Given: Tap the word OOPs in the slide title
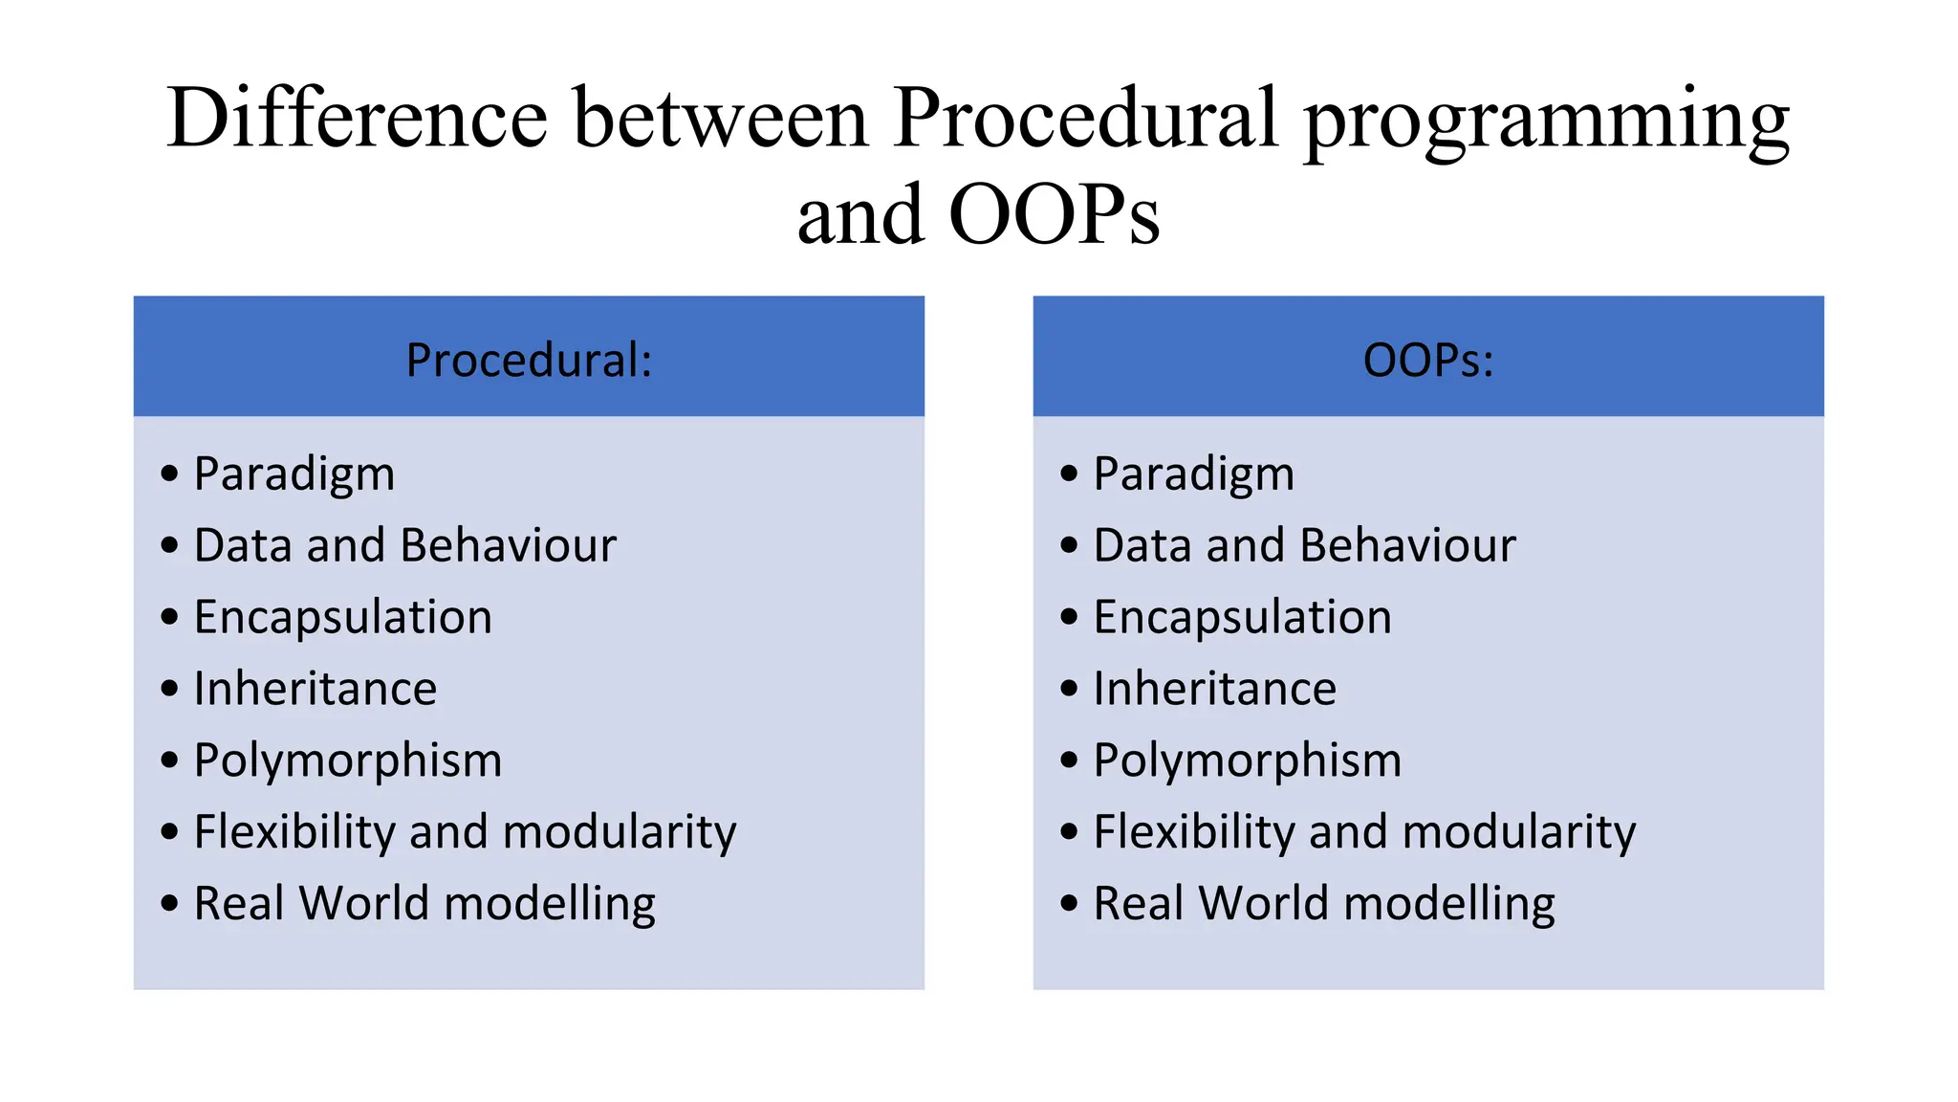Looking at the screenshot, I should click(1054, 215).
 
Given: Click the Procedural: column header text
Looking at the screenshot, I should click(529, 361).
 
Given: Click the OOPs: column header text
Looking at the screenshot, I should click(1427, 361).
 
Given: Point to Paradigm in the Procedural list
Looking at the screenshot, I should click(294, 474).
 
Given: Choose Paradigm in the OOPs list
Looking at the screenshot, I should click(1193, 474).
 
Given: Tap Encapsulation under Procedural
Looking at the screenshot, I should click(343, 617).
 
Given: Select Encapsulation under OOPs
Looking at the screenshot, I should click(1242, 617).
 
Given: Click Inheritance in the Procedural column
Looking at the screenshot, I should click(315, 689).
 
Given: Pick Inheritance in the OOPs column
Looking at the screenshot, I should click(1214, 689).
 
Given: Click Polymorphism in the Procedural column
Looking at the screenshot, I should click(348, 761).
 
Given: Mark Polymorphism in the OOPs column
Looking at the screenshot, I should click(1247, 761).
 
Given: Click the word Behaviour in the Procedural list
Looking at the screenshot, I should click(509, 545).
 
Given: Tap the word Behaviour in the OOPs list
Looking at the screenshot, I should click(1407, 545).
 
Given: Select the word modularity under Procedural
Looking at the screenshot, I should click(620, 832).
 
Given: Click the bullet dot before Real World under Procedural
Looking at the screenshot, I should click(170, 903).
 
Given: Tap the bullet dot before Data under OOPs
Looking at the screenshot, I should click(1069, 545).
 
